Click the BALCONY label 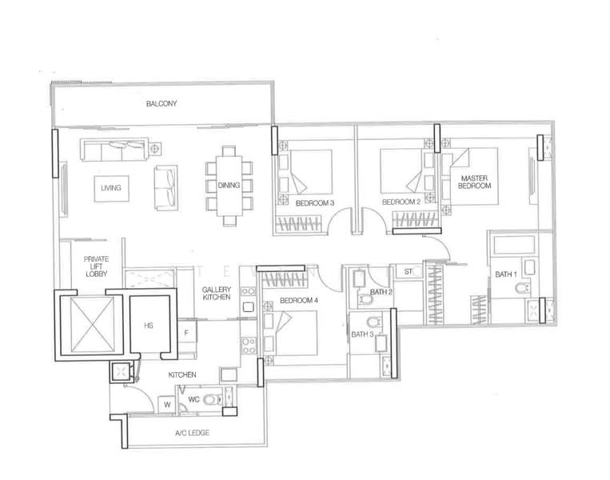(x=161, y=103)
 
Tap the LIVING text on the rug (x=111, y=188)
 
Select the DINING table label (x=229, y=186)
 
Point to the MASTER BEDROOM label (x=474, y=182)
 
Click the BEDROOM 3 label (x=315, y=203)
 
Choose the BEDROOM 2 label (x=401, y=202)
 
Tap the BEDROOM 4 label (x=299, y=300)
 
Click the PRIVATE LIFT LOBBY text (x=96, y=266)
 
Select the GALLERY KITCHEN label (x=217, y=293)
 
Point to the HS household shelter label (x=149, y=326)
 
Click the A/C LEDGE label (x=192, y=433)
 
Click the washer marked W (x=167, y=405)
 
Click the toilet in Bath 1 (x=522, y=288)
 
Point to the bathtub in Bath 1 (x=513, y=246)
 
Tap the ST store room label (x=408, y=271)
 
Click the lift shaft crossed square (x=92, y=325)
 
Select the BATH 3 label (x=362, y=334)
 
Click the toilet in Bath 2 (x=366, y=299)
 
